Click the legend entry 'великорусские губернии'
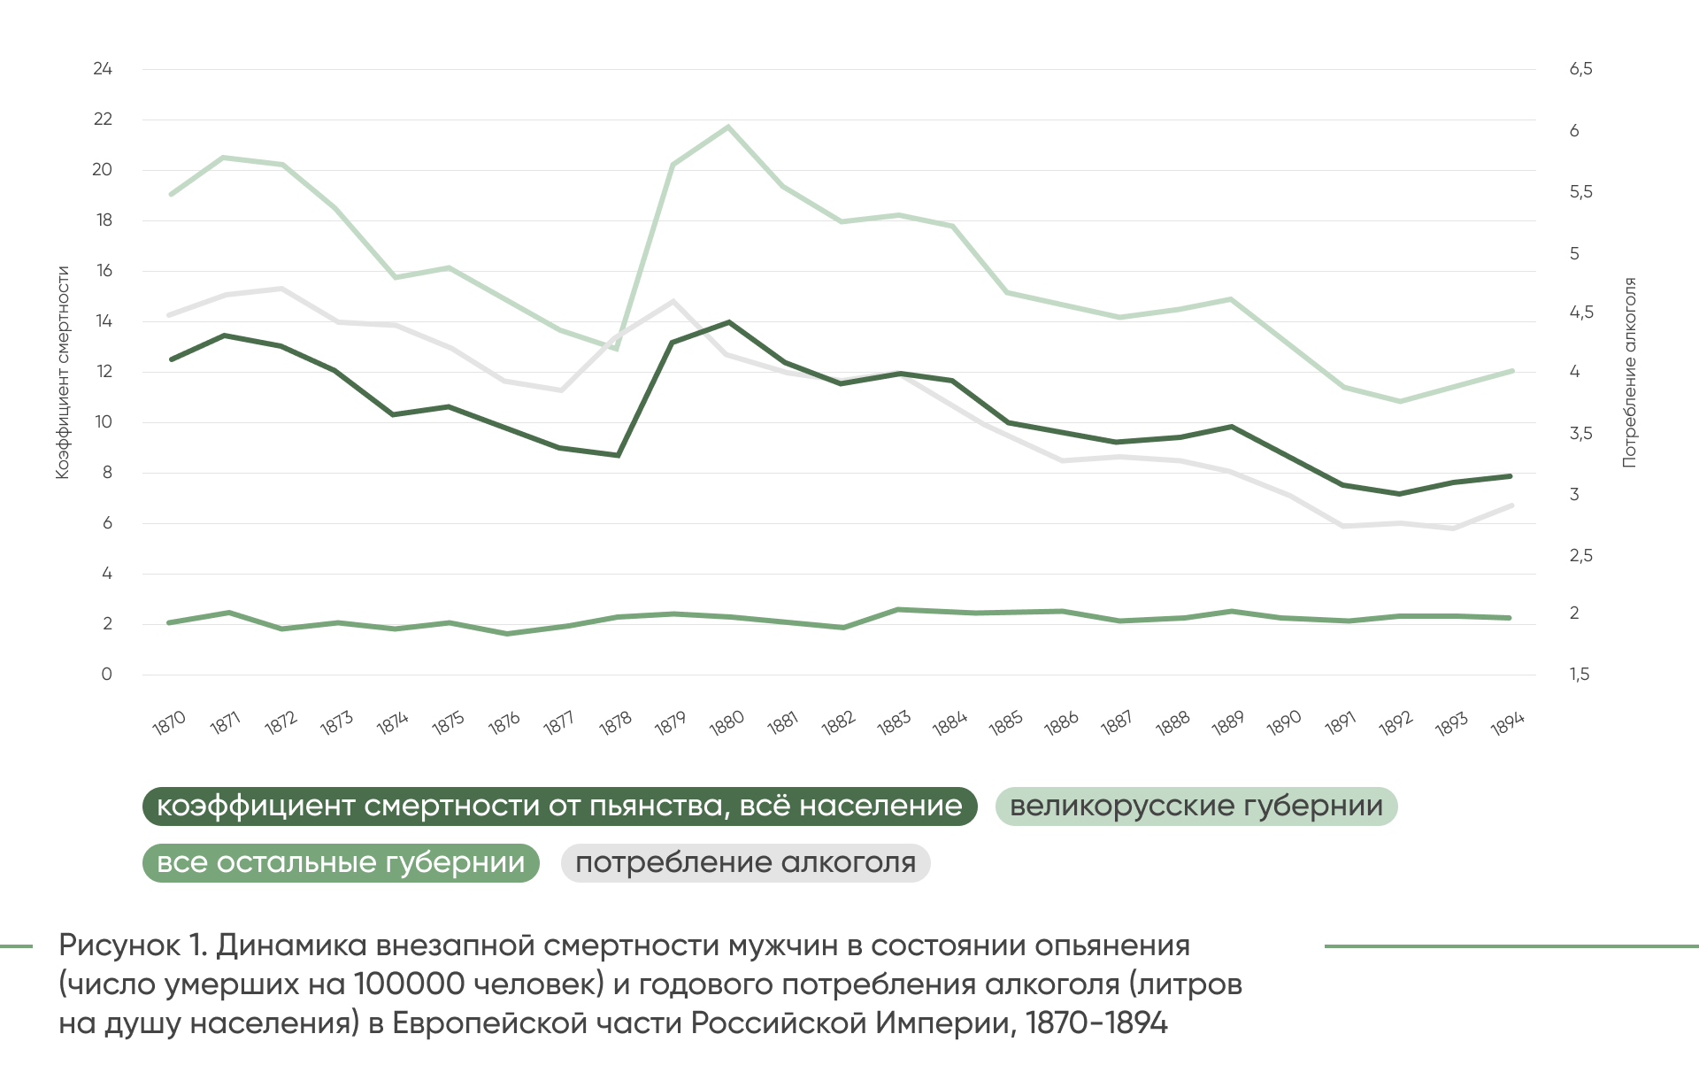1195,806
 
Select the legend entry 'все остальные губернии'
341,863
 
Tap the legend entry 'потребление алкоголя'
745,863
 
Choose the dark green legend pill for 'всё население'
559,806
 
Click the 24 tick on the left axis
103,69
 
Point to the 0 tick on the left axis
106,675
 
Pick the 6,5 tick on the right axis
1580,69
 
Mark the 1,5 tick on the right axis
1580,675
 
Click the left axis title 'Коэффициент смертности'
63,373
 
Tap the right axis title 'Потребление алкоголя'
1629,373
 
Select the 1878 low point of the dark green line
618,455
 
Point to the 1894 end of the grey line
1511,505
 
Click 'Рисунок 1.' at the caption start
133,945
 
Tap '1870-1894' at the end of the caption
1096,1023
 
